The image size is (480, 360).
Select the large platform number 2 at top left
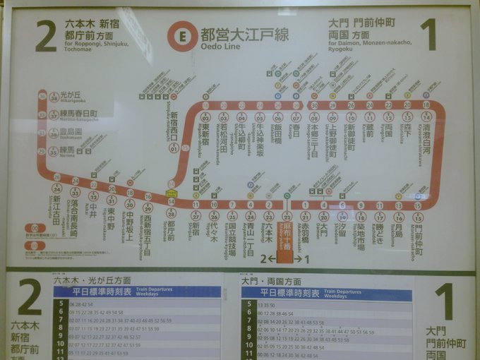click(45, 35)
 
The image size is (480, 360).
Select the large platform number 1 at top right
click(427, 35)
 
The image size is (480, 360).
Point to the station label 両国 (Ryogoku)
click(388, 132)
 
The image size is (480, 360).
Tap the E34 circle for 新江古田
click(57, 189)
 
